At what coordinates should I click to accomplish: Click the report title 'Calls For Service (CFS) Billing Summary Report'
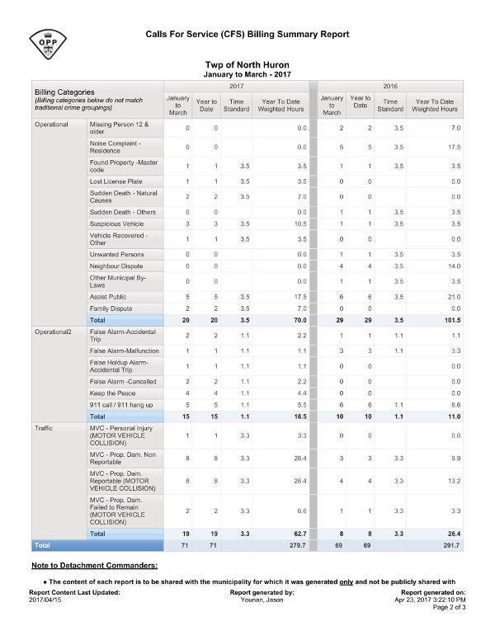tap(247, 34)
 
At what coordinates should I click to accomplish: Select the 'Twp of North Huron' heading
tap(247, 64)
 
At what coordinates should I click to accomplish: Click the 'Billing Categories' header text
tap(64, 92)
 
